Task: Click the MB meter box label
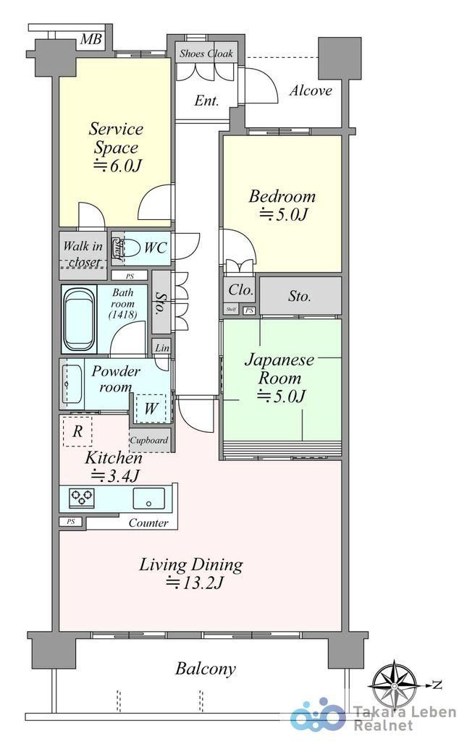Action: pos(91,39)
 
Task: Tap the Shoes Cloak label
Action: pos(206,54)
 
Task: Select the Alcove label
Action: pos(311,90)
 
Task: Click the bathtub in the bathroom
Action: pos(80,319)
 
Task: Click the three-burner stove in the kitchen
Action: pos(82,498)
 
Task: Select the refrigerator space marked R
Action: pos(77,431)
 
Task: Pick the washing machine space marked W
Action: pos(151,408)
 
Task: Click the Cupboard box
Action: pos(149,441)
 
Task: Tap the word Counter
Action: pos(148,522)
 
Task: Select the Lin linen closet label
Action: pos(162,348)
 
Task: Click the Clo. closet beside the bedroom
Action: pos(241,289)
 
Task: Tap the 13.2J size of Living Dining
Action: pos(194,583)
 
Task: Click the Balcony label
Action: pos(205,669)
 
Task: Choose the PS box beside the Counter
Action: pos(70,522)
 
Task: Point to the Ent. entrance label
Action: pos(206,101)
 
